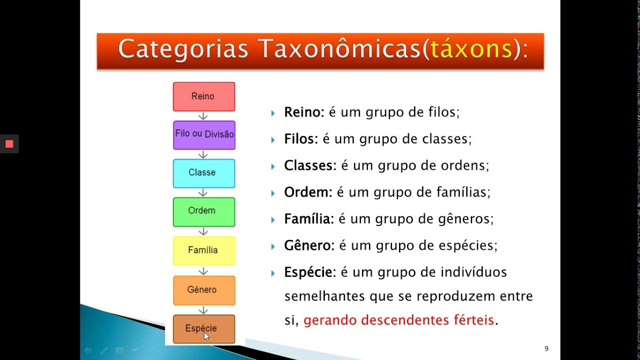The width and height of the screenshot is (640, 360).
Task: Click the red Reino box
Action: [x=203, y=96]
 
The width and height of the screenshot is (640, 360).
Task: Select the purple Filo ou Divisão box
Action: [x=204, y=134]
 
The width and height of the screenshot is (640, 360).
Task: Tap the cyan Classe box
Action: [x=203, y=173]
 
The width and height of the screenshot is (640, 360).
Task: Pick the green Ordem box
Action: [x=203, y=211]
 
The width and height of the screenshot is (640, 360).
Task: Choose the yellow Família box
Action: [x=203, y=250]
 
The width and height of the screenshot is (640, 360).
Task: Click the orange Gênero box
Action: [x=203, y=290]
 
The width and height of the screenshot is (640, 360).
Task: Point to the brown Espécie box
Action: [x=203, y=328]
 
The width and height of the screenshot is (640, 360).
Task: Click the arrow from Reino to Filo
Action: [x=203, y=116]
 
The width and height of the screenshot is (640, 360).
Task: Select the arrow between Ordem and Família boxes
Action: [x=203, y=231]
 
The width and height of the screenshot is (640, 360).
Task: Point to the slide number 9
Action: [x=546, y=348]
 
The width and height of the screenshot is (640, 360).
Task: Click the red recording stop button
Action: [x=9, y=144]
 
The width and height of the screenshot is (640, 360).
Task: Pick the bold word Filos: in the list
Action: [x=301, y=139]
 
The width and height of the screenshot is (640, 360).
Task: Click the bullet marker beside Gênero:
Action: [x=273, y=246]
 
